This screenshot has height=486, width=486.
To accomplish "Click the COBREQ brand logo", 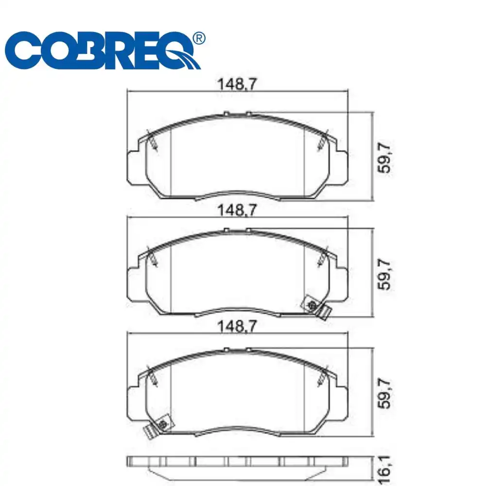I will tap(104, 52).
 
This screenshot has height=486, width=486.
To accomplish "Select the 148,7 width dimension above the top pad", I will tap(237, 84).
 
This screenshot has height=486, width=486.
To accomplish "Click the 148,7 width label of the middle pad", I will tap(237, 210).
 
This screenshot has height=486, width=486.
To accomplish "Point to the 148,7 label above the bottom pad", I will tap(237, 327).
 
